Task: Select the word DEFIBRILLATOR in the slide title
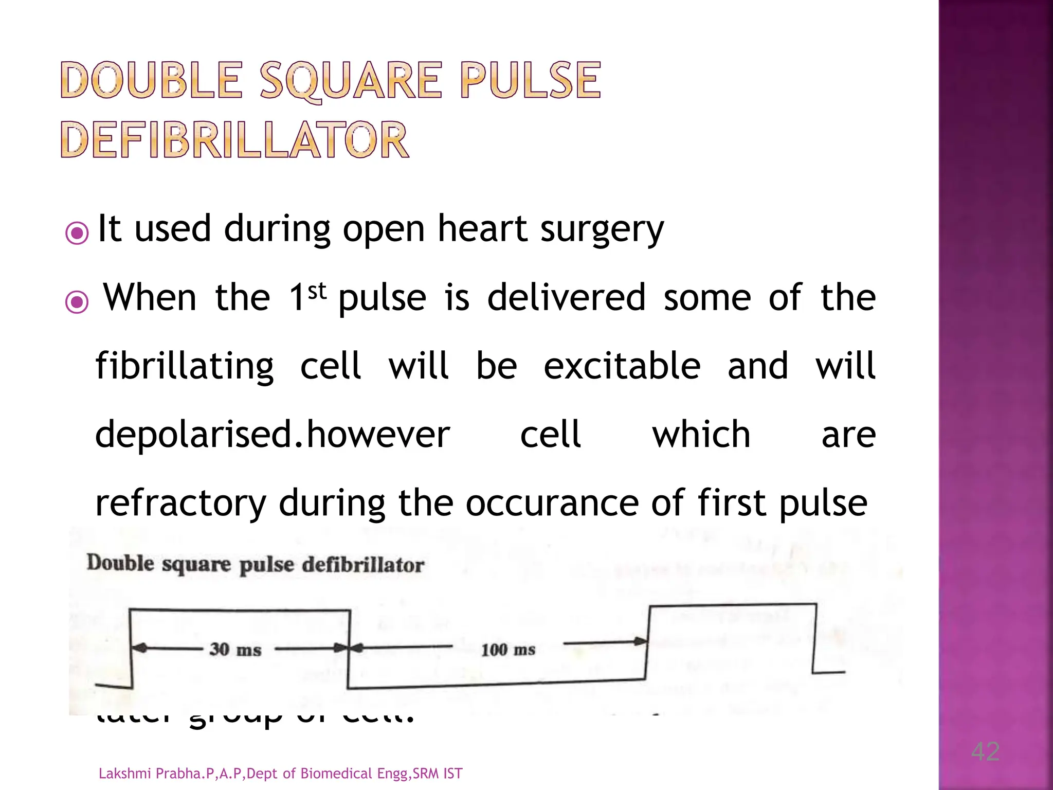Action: coord(235,140)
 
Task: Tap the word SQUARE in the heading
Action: coord(351,81)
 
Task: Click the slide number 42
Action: coord(985,751)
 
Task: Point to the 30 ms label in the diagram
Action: coord(235,650)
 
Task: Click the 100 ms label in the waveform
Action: coord(508,650)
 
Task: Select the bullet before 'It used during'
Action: coord(77,234)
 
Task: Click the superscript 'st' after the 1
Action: coord(317,291)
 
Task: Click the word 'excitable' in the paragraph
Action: coord(622,366)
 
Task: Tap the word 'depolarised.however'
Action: coord(273,435)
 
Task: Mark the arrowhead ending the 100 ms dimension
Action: coord(641,641)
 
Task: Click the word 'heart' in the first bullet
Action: coord(482,228)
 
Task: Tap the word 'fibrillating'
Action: coord(185,367)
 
